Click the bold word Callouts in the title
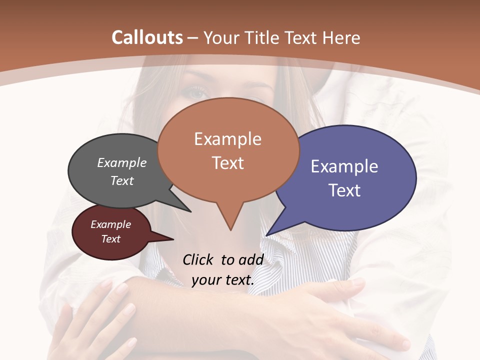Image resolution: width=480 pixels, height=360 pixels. pyautogui.click(x=147, y=37)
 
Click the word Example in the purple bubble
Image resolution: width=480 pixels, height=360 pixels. pyautogui.click(x=344, y=166)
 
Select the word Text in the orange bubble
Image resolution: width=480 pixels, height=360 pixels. pyautogui.click(x=228, y=163)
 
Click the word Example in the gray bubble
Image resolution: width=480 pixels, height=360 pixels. pyautogui.click(x=122, y=162)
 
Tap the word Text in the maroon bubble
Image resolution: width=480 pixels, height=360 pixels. pyautogui.click(x=111, y=239)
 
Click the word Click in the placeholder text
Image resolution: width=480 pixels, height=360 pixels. pyautogui.click(x=198, y=259)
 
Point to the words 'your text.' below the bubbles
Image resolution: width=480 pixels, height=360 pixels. pyautogui.click(x=223, y=280)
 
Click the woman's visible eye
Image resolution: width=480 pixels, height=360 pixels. pyautogui.click(x=195, y=92)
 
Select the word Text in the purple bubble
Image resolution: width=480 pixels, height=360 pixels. pyautogui.click(x=345, y=190)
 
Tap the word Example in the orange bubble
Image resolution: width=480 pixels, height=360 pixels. pyautogui.click(x=227, y=139)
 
